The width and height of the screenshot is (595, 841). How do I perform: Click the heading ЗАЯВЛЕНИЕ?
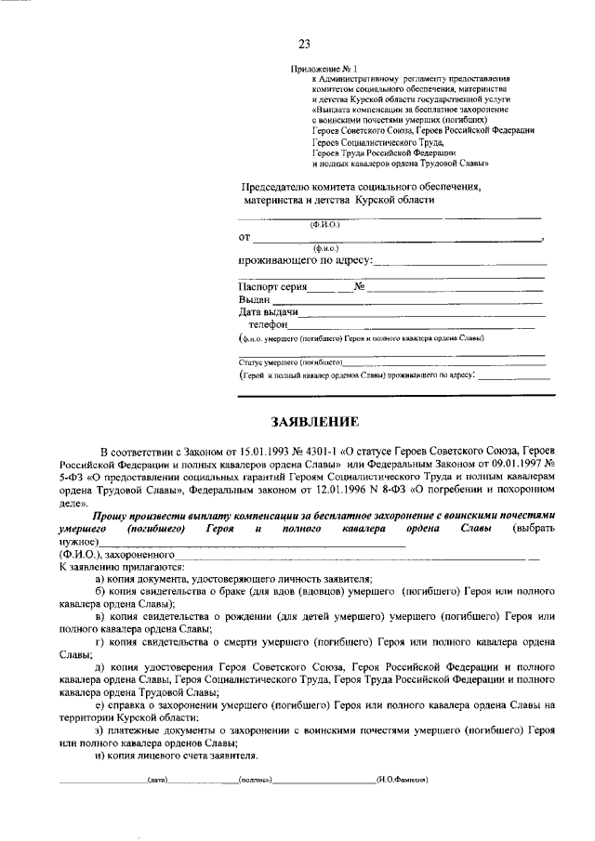[x=313, y=421]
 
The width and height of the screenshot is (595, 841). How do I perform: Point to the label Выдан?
[x=254, y=299]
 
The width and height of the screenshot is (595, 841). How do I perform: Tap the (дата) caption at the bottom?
[x=157, y=779]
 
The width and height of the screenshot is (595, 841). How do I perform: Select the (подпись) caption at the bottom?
[x=255, y=779]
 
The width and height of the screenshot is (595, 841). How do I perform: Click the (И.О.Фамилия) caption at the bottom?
[x=402, y=779]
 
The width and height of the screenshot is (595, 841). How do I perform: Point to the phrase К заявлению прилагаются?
[x=122, y=566]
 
